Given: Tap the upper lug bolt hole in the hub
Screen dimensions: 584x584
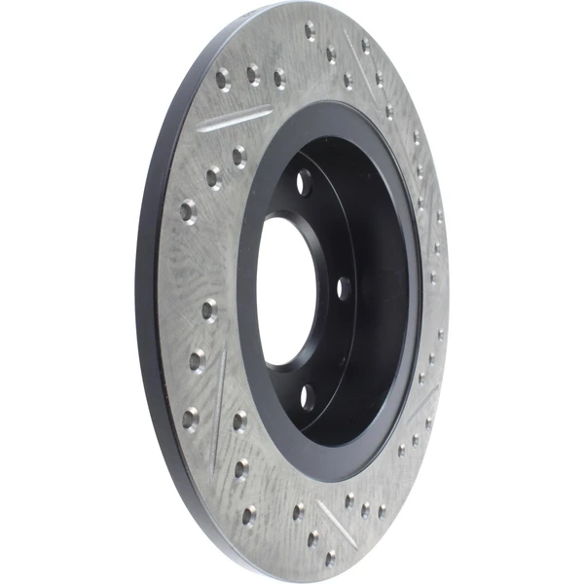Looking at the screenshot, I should point(305,181).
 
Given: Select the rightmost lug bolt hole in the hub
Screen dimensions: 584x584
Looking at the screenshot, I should point(343,287).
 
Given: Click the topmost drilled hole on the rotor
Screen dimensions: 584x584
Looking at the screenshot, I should point(310,30).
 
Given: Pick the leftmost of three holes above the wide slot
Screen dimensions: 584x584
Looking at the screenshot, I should point(223,77).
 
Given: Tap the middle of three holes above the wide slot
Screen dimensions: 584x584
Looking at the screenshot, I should point(253,72).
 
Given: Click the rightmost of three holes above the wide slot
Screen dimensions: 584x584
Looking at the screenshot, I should point(279,76).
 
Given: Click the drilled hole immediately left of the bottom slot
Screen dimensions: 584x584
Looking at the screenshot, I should point(299,510).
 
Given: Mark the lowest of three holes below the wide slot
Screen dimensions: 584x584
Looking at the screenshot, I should point(187,209).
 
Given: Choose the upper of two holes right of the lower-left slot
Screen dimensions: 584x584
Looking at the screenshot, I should point(238,420).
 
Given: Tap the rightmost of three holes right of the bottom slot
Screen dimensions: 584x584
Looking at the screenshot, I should point(381,510).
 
